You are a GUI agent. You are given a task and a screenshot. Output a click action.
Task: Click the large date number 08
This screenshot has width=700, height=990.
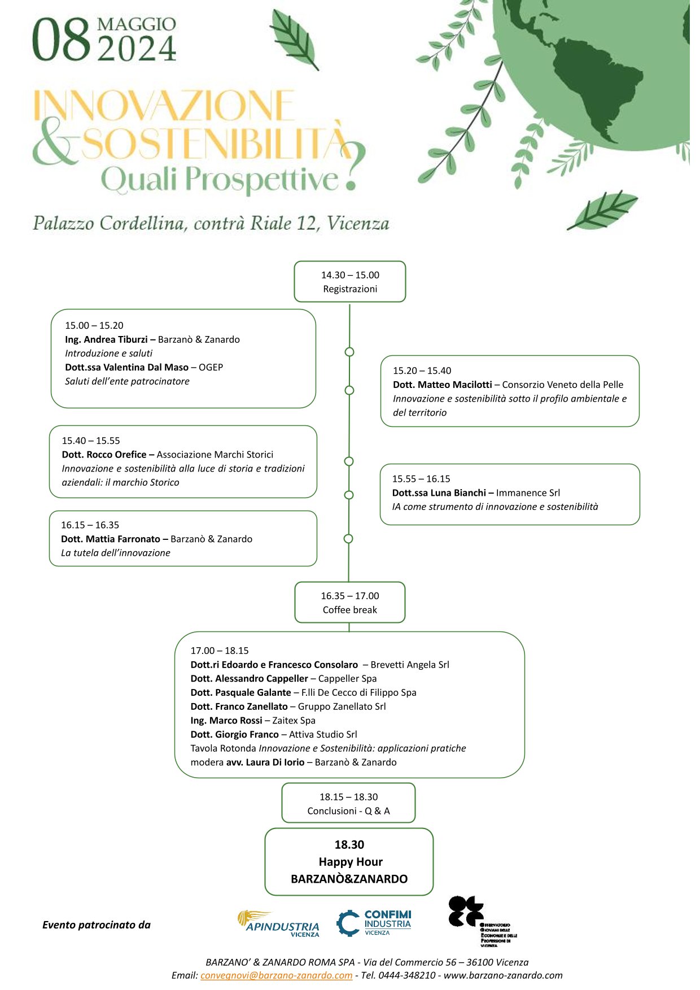(x=61, y=40)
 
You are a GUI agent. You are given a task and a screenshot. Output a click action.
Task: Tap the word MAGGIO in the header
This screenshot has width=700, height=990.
(x=136, y=24)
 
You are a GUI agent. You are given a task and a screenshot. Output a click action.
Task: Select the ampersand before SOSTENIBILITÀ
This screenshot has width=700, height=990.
(x=54, y=145)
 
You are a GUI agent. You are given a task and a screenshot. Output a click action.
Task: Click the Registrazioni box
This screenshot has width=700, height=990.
(x=350, y=282)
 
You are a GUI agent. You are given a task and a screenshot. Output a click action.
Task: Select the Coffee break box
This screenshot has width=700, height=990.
(x=350, y=603)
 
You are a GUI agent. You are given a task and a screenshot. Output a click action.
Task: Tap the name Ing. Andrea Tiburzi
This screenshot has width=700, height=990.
(x=106, y=339)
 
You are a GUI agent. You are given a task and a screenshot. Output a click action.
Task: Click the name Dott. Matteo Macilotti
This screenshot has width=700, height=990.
(x=443, y=385)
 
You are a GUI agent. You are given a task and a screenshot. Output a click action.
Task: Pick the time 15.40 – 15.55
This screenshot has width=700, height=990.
(x=91, y=441)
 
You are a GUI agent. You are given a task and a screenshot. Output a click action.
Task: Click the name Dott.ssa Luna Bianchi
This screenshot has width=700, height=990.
(x=439, y=492)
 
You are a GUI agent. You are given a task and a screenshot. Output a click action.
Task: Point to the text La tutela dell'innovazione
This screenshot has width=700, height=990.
(x=116, y=553)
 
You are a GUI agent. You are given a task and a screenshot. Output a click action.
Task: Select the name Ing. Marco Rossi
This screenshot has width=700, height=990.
(x=226, y=721)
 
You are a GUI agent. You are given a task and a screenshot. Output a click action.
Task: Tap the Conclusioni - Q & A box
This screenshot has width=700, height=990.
(x=348, y=804)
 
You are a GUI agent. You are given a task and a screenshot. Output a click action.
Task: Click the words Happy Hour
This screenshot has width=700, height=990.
(x=351, y=862)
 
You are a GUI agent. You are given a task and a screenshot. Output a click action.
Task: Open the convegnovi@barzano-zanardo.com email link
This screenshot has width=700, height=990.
(x=276, y=975)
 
